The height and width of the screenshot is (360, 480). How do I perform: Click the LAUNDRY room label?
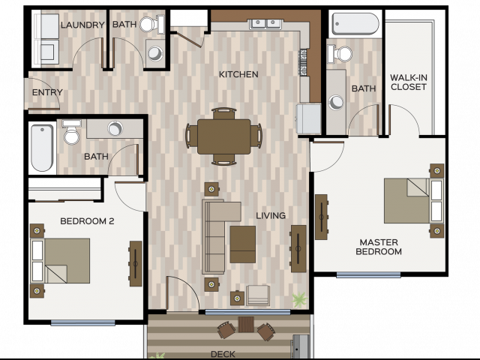82,25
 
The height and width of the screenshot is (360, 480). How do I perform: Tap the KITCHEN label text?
238,74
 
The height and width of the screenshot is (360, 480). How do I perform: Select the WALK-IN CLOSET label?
409,82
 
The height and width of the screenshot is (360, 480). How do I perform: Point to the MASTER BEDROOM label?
379,247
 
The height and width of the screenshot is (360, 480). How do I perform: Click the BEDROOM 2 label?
87,221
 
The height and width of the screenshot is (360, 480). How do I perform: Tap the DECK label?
223,354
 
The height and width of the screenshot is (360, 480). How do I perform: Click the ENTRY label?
47,92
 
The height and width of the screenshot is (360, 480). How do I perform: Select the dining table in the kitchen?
223,136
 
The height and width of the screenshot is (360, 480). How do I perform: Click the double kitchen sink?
265,24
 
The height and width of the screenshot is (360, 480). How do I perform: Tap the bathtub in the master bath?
355,24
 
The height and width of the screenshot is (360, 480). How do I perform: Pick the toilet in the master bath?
340,53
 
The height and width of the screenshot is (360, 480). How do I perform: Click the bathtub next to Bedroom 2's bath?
42,148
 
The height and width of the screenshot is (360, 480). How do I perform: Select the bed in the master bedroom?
413,200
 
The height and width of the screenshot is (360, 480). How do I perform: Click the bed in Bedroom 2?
60,261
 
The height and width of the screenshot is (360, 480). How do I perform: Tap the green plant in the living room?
299,299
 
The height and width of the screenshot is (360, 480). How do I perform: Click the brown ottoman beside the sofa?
243,244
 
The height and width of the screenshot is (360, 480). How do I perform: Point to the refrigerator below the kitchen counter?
308,118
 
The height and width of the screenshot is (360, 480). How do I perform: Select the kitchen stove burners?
303,62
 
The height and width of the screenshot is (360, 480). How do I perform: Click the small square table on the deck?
246,325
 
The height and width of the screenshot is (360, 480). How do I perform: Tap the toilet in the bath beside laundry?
151,24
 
